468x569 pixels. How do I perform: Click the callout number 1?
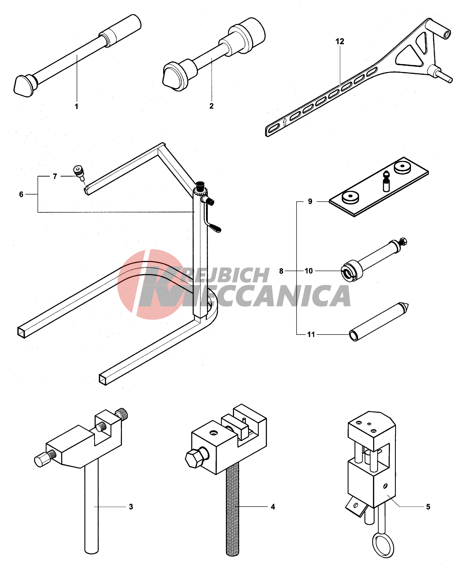coord(77,106)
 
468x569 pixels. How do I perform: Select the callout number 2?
coord(212,106)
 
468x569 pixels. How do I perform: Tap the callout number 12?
coord(340,41)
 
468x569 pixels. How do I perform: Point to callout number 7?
coord(55,176)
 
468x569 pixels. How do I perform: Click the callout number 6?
coord(21,194)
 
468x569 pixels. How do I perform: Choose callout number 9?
coord(310,201)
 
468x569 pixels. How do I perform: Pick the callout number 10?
coord(309,271)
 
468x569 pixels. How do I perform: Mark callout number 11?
coord(311,335)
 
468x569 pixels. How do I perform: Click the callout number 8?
coord(281,271)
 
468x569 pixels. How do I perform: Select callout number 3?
coord(131,507)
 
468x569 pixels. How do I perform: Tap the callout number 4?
coord(273,507)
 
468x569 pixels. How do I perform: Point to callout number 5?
coord(428,507)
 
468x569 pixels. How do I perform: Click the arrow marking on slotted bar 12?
coord(285,122)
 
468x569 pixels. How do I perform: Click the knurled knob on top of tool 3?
coord(121,414)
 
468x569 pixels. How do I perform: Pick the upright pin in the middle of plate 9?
coord(386,181)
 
